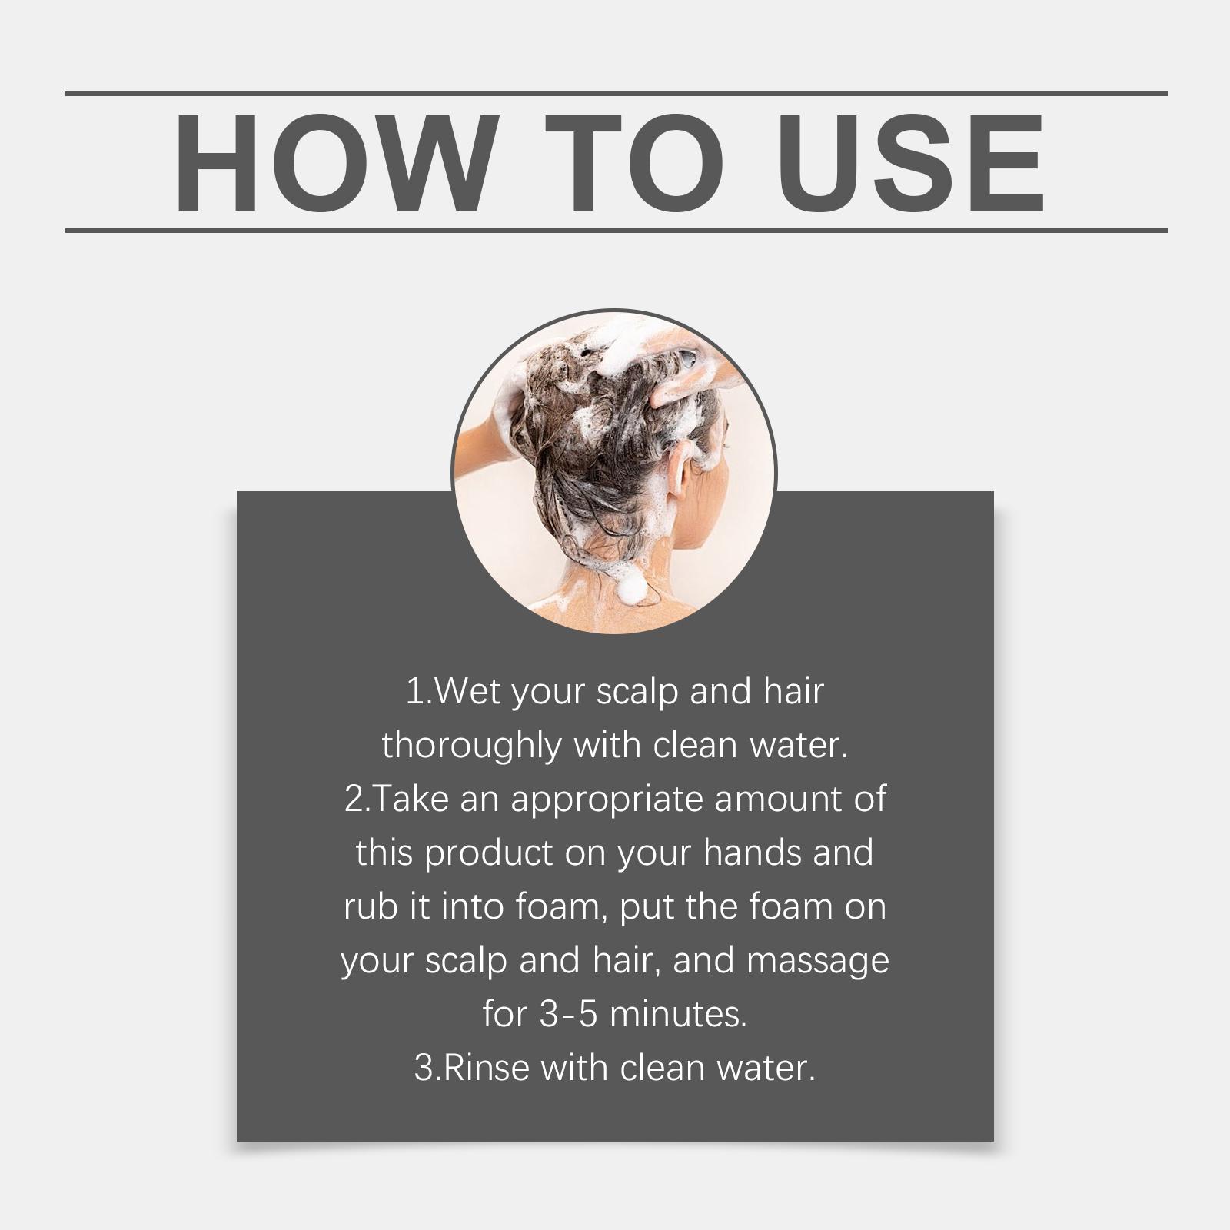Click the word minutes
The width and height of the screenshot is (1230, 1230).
point(678,1015)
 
